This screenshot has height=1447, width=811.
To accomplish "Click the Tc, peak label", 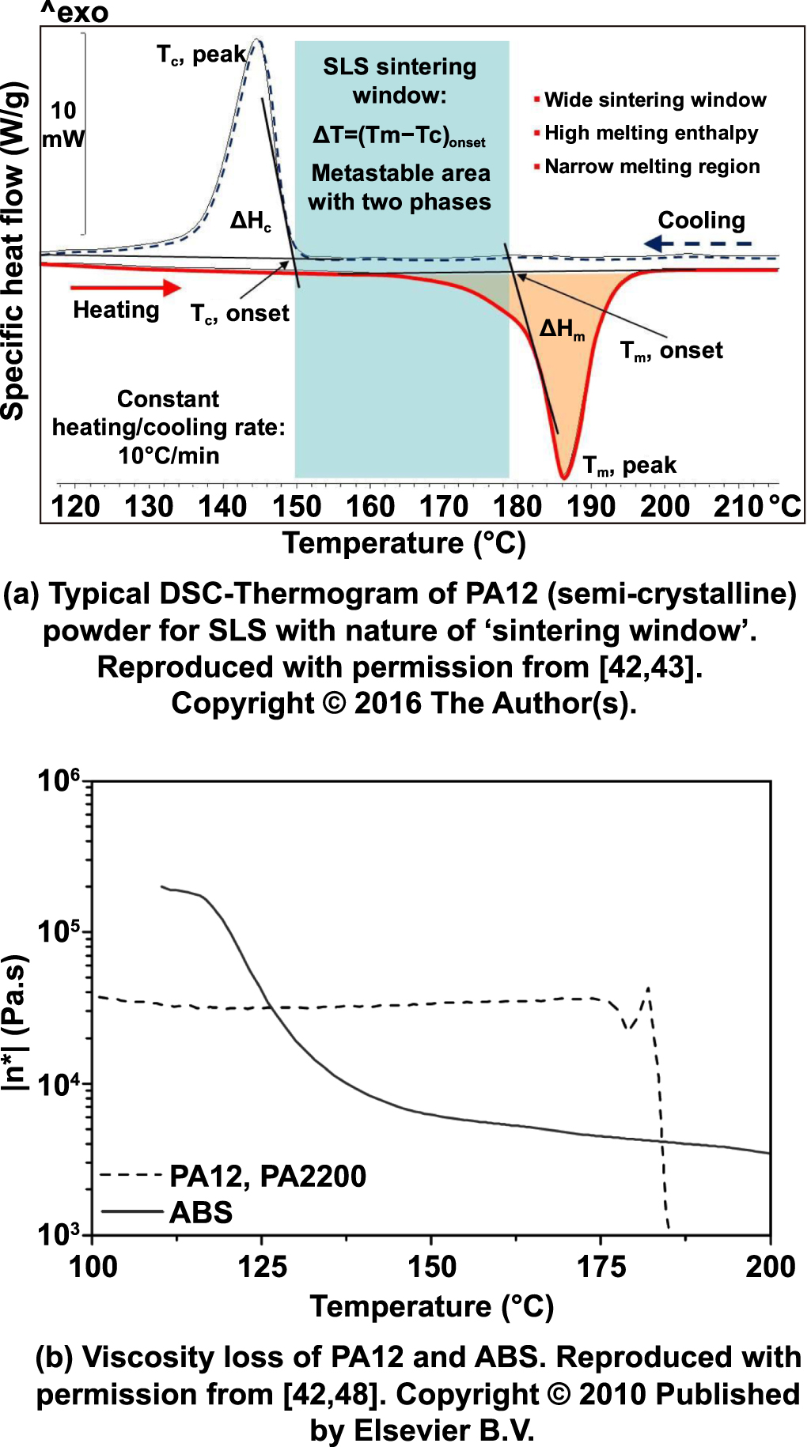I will [x=201, y=55].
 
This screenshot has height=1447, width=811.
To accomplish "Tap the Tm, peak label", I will [x=629, y=466].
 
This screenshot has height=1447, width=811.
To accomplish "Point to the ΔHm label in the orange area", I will [x=562, y=329].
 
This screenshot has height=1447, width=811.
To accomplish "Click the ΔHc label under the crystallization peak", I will [x=250, y=221].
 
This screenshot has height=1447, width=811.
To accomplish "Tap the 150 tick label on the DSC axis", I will [x=297, y=506].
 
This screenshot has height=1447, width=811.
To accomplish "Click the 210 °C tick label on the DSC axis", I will [x=757, y=506].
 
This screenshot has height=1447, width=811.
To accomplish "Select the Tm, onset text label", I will [x=671, y=351].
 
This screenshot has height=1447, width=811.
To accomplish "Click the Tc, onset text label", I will [x=240, y=314].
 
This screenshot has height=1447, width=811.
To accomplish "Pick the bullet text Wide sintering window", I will [x=655, y=100].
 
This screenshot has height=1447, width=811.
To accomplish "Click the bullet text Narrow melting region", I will [x=652, y=167].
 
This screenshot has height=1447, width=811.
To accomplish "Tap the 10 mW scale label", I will [x=63, y=125].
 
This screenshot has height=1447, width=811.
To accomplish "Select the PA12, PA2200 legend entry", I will [x=267, y=1176].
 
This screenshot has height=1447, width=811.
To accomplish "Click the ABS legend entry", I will [x=201, y=1212].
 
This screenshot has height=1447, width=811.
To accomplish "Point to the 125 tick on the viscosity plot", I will [x=262, y=1266].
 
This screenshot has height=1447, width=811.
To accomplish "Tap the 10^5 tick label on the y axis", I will [x=59, y=931].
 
